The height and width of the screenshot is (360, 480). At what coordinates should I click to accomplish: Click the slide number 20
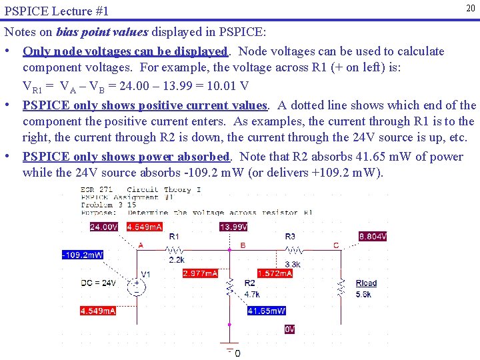pyautogui.click(x=470, y=7)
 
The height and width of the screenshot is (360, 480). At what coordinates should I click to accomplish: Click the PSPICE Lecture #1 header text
pyautogui.click(x=56, y=12)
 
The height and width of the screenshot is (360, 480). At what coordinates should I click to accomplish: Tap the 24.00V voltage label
pyautogui.click(x=104, y=227)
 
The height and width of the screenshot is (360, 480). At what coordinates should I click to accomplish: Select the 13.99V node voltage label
pyautogui.click(x=233, y=227)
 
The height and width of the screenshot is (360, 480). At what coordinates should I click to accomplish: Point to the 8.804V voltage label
pyautogui.click(x=373, y=236)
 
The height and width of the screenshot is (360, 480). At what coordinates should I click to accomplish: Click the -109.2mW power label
pyautogui.click(x=82, y=255)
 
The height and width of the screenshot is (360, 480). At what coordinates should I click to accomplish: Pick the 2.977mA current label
pyautogui.click(x=200, y=273)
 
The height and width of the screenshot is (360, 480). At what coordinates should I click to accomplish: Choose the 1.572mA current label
pyautogui.click(x=275, y=273)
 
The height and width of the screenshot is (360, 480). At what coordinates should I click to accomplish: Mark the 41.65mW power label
pyautogui.click(x=267, y=311)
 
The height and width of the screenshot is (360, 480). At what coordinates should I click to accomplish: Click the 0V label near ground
pyautogui.click(x=289, y=329)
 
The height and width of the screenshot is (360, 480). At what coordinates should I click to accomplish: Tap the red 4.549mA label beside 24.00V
pyautogui.click(x=144, y=227)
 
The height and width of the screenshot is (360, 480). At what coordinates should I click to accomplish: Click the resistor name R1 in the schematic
pyautogui.click(x=174, y=237)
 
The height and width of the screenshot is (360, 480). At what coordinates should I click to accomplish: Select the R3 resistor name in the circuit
pyautogui.click(x=290, y=237)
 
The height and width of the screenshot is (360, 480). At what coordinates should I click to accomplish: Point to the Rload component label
pyautogui.click(x=366, y=283)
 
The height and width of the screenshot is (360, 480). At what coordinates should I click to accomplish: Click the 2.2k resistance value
pyautogui.click(x=177, y=259)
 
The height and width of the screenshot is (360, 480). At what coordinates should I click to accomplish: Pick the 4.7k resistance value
pyautogui.click(x=252, y=293)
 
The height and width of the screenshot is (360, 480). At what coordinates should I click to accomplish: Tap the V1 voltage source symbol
pyautogui.click(x=138, y=287)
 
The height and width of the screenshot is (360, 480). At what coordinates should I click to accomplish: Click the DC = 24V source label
pyautogui.click(x=98, y=283)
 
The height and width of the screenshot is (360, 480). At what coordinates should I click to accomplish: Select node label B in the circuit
pyautogui.click(x=243, y=245)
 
